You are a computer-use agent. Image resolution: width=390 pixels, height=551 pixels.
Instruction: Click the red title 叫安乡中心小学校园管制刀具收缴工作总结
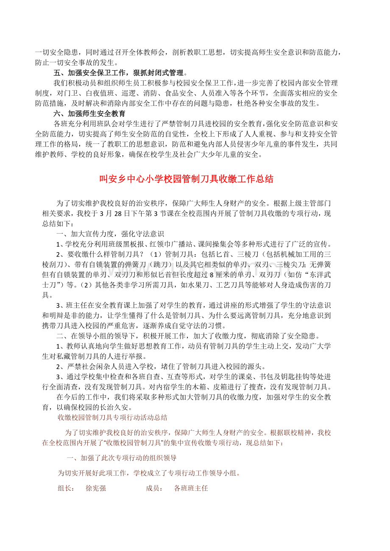187,179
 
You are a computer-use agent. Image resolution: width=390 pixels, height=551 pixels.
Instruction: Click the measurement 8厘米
219,274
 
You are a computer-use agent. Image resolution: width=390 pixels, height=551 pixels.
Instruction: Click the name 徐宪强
95,488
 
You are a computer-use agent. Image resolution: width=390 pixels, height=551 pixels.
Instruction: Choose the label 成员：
154,488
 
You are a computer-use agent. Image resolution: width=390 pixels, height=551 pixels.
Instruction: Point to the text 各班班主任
191,488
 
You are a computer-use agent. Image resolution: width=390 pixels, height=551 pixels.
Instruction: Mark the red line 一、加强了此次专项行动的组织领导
122,458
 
